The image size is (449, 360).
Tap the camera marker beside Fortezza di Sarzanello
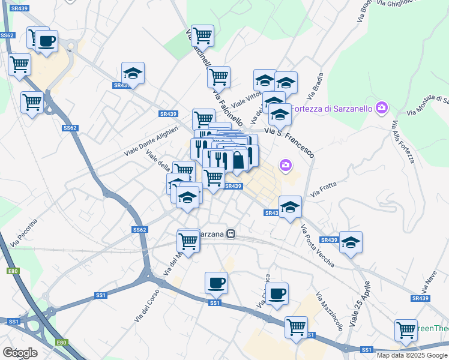381,108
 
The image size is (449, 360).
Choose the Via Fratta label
324,189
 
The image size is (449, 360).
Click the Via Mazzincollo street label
329,312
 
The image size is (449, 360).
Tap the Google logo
20,353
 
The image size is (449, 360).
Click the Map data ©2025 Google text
412,355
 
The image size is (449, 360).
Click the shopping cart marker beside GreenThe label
406,330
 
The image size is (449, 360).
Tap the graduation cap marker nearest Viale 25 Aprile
351,242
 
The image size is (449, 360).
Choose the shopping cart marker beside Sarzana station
188,241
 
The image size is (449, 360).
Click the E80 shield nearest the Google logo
61,343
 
